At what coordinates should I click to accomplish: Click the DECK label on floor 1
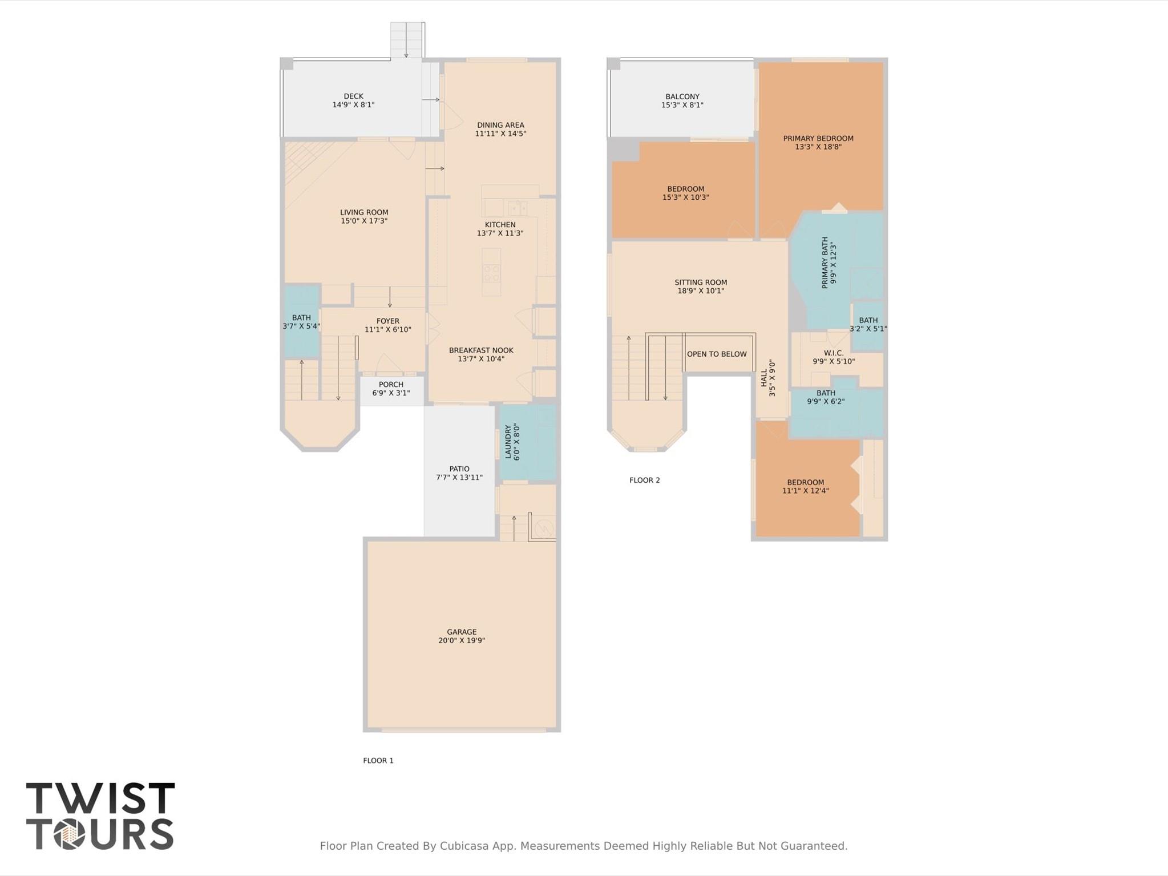(x=353, y=96)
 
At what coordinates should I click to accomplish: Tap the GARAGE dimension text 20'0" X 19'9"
(x=461, y=640)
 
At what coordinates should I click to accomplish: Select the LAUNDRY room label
(x=508, y=441)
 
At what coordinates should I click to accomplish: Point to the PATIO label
(x=459, y=469)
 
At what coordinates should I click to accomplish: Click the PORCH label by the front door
(x=391, y=385)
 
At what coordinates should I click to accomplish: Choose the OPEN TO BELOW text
(x=717, y=354)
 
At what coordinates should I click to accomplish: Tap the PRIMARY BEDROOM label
(x=818, y=138)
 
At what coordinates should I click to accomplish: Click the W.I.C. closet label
(x=833, y=353)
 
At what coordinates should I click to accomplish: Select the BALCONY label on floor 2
(x=682, y=96)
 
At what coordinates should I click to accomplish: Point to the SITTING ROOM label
(x=700, y=282)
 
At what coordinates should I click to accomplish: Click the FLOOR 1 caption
(x=378, y=760)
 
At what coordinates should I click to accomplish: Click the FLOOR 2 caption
(x=644, y=480)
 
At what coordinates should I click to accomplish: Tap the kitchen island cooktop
(x=491, y=273)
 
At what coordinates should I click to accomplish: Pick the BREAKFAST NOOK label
(x=480, y=350)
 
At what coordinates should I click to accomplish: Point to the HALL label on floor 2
(x=764, y=377)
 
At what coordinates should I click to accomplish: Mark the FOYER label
(x=387, y=321)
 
